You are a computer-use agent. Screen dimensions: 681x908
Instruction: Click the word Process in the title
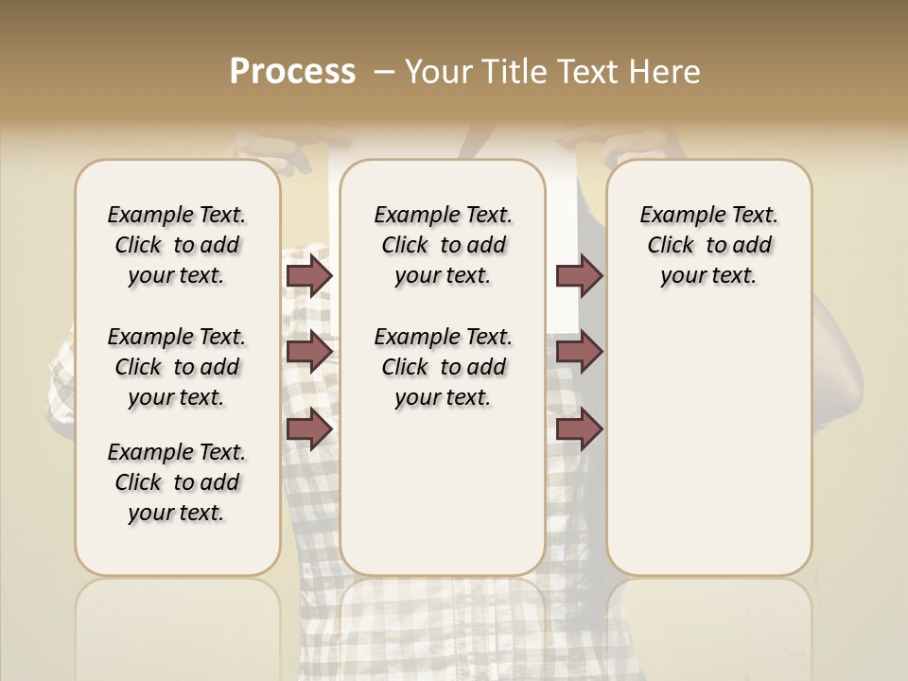[292, 72]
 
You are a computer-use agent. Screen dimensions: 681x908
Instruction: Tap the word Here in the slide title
[663, 72]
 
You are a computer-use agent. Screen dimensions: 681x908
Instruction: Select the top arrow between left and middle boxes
[309, 276]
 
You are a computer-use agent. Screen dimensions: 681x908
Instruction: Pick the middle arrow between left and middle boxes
[309, 352]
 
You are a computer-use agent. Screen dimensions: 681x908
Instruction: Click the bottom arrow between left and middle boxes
[309, 428]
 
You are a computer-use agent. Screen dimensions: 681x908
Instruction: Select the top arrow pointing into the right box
[579, 276]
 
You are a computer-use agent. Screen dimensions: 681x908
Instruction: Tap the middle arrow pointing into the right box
[579, 352]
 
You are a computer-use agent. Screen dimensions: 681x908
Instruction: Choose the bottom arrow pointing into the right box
[579, 428]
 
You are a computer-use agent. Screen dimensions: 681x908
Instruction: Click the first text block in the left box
[177, 245]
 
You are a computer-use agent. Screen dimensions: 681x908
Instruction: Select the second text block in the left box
[177, 367]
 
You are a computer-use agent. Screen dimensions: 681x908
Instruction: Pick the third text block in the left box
[177, 482]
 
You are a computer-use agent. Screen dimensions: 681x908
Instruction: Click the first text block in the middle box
[443, 245]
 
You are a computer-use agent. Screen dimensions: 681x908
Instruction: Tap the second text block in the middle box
[443, 367]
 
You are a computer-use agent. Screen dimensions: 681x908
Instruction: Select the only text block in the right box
[709, 245]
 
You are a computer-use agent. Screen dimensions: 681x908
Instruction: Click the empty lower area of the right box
[709, 454]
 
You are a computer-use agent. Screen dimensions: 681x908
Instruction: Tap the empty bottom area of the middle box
[443, 501]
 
